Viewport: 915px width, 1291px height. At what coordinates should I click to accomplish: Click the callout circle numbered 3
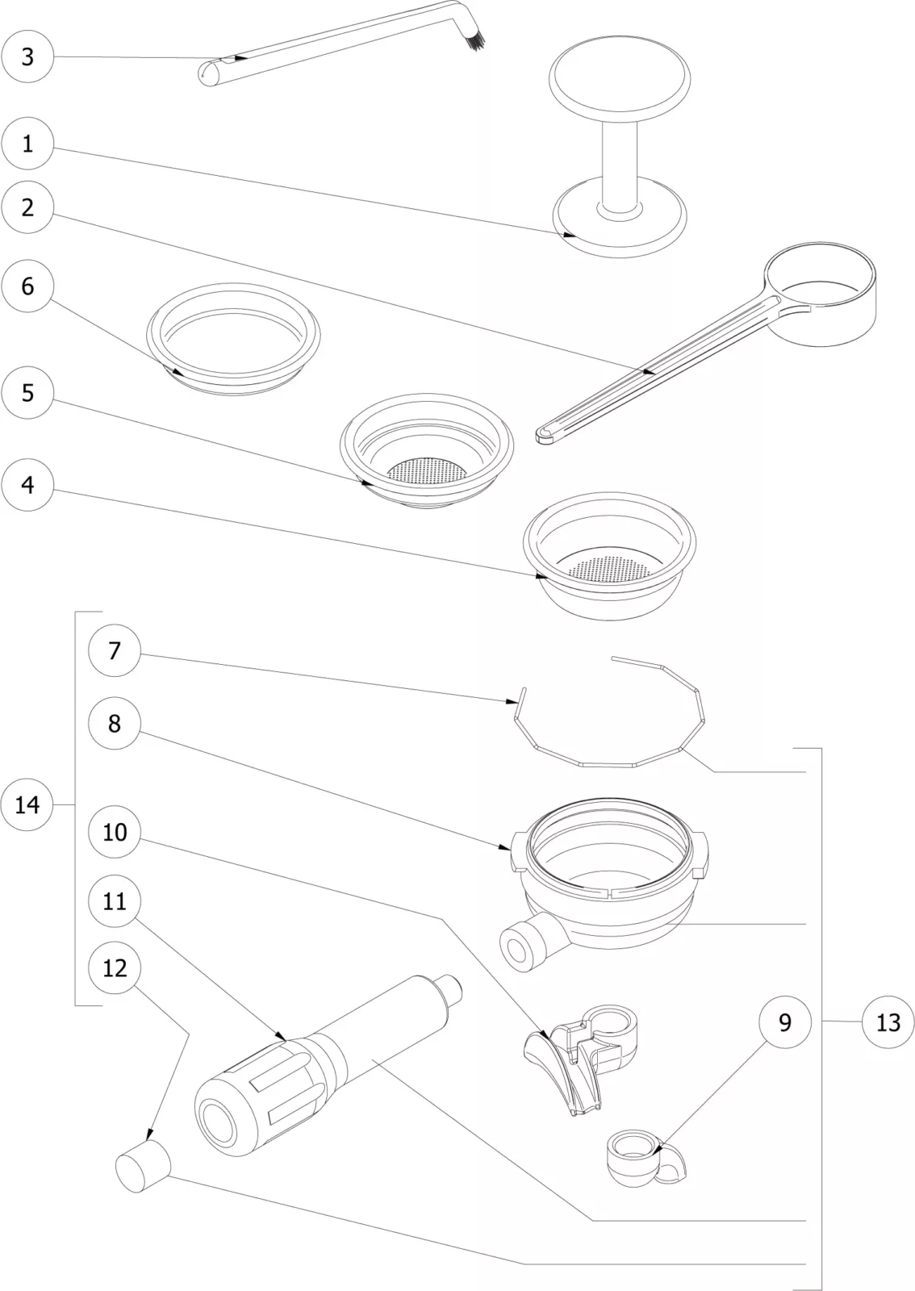(27, 56)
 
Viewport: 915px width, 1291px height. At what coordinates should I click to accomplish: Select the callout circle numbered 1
(27, 144)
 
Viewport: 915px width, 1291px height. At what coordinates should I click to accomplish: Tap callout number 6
(27, 286)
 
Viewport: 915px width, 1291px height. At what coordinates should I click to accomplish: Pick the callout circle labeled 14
(27, 804)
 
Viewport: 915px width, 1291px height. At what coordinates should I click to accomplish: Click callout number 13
(888, 1022)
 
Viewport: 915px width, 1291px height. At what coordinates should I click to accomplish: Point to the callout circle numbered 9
(785, 1022)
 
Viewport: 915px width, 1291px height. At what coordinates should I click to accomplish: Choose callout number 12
(115, 967)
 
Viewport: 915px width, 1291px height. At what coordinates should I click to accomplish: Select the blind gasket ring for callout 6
(233, 339)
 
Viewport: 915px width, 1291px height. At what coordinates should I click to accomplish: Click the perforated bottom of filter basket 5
(427, 470)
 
